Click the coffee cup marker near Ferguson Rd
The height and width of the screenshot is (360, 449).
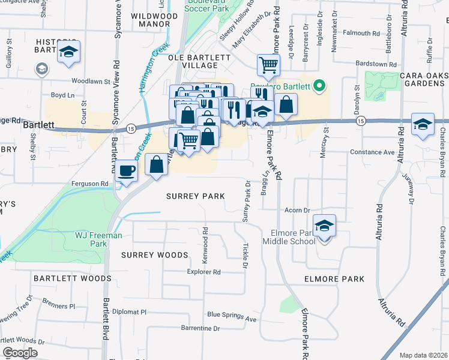point(127,170)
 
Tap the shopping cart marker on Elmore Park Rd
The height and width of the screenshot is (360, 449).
point(268,64)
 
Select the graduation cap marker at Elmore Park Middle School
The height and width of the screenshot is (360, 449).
point(324,226)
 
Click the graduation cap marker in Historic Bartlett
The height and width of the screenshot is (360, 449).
point(69,52)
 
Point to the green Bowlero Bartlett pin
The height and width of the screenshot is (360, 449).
point(319,87)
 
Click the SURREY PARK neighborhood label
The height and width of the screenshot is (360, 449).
point(195,196)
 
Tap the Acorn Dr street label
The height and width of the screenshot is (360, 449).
point(297,211)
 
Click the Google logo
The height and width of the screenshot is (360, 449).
point(20,353)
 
